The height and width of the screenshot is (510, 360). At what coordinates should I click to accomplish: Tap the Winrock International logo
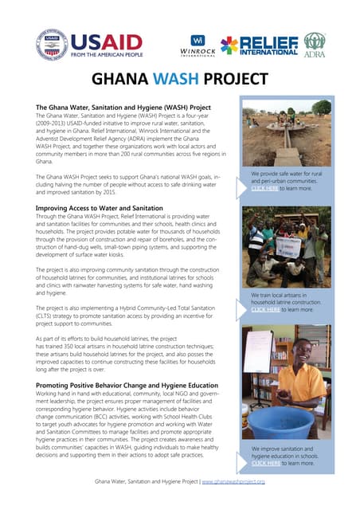199,45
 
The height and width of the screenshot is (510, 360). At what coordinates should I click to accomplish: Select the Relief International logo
259,45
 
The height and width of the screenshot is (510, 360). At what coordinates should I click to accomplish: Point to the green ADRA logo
315,45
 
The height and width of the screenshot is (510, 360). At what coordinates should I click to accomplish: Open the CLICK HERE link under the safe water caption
265,188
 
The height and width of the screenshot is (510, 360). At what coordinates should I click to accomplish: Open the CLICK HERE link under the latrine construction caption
265,309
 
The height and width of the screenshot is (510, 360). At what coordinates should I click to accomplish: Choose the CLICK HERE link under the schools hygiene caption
265,462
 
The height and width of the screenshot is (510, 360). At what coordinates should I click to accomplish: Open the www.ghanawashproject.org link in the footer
233,483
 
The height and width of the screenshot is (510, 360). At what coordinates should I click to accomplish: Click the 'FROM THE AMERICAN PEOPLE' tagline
106,56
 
